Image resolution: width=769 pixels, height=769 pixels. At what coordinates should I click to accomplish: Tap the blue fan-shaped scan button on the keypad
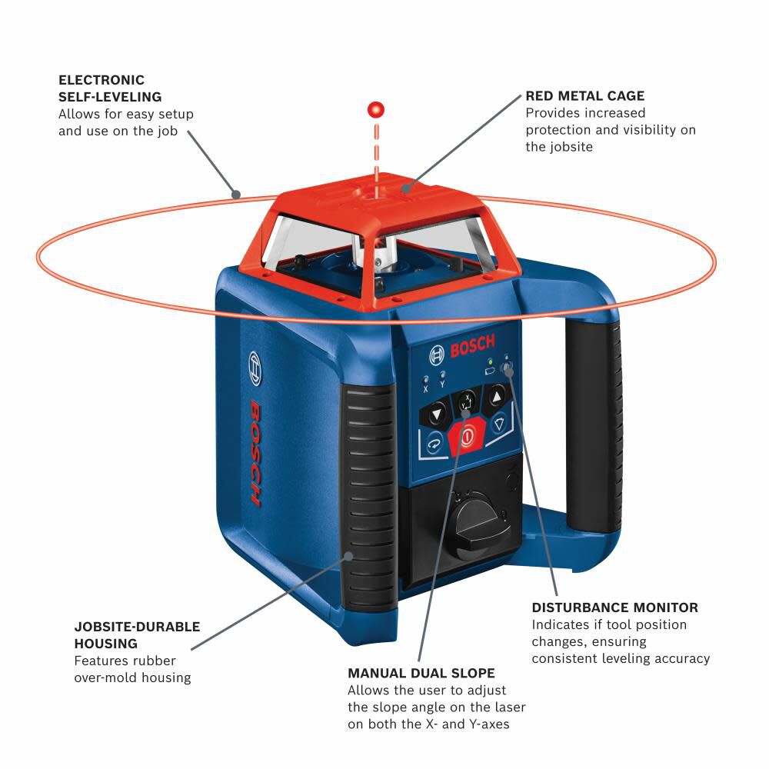(x=498, y=424)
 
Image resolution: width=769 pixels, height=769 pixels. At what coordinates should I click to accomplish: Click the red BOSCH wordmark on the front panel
(x=471, y=348)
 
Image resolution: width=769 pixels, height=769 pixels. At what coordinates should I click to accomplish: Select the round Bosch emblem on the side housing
(x=255, y=368)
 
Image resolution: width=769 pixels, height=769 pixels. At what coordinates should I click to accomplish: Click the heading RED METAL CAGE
(x=584, y=96)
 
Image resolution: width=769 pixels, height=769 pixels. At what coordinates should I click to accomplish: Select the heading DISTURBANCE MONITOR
(x=614, y=608)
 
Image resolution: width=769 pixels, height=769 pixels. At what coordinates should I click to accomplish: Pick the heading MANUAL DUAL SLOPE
(x=421, y=673)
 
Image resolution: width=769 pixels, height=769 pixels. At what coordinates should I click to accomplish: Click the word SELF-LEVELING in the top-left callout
(x=109, y=97)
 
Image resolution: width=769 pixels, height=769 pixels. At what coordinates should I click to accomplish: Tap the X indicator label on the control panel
(x=425, y=390)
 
